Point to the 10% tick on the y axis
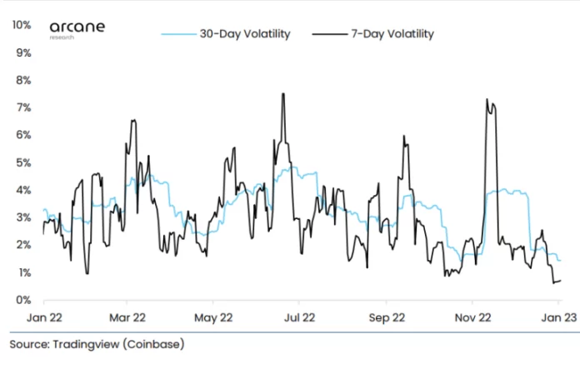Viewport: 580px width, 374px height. pos(22,25)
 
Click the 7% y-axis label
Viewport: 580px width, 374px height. pos(24,107)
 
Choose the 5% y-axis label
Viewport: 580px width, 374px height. pos(24,162)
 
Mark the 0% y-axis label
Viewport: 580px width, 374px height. pos(24,300)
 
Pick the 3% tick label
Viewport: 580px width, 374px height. pos(24,217)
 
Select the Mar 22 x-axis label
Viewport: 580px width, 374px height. pos(128,317)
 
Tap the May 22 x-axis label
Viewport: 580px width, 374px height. pos(212,317)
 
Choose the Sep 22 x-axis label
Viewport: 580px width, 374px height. pos(387,317)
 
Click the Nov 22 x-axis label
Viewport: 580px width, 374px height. pos(472,317)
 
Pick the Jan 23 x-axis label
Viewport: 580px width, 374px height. pos(557,317)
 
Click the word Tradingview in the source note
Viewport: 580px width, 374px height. pos(87,343)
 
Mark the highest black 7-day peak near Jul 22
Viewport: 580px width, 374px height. pos(283,93)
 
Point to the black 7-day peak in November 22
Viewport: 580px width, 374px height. pos(487,99)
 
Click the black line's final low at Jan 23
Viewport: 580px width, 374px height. pos(554,282)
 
